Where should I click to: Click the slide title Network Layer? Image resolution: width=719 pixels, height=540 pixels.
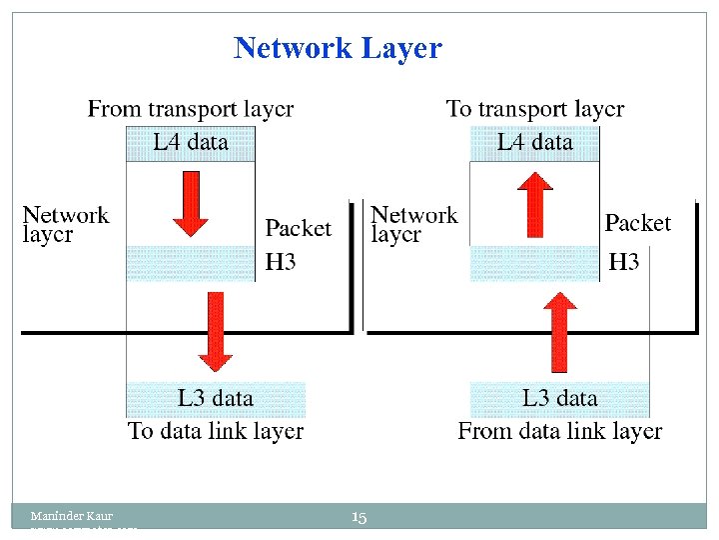(x=338, y=48)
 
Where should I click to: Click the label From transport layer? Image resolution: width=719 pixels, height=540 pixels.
(x=191, y=109)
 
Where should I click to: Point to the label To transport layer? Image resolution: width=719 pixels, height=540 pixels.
(x=535, y=109)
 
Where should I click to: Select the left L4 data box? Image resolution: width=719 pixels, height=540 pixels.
(x=191, y=143)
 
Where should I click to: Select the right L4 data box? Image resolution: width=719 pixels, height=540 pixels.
(x=535, y=143)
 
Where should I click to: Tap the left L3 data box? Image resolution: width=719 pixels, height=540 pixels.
(x=216, y=398)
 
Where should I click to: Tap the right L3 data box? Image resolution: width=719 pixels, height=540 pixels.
(x=560, y=398)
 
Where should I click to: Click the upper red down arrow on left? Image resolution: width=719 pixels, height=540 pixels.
(x=190, y=204)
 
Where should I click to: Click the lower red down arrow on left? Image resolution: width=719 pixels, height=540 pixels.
(x=215, y=331)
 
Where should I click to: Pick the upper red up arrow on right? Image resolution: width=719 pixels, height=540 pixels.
(x=536, y=204)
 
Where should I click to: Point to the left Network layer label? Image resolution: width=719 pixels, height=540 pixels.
(x=66, y=224)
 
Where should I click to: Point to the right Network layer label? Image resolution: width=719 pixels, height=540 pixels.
(x=413, y=224)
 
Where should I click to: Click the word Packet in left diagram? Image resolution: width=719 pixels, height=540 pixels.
(x=298, y=229)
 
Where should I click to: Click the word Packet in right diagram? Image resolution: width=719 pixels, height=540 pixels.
(x=638, y=223)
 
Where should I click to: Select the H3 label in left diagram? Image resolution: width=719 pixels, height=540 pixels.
(x=281, y=263)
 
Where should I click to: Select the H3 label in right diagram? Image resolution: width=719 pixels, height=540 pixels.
(x=624, y=263)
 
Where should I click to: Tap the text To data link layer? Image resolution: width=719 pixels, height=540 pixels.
(x=216, y=432)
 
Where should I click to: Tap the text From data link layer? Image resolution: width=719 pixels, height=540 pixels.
(x=560, y=432)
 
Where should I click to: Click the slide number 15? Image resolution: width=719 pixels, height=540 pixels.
(x=359, y=517)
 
